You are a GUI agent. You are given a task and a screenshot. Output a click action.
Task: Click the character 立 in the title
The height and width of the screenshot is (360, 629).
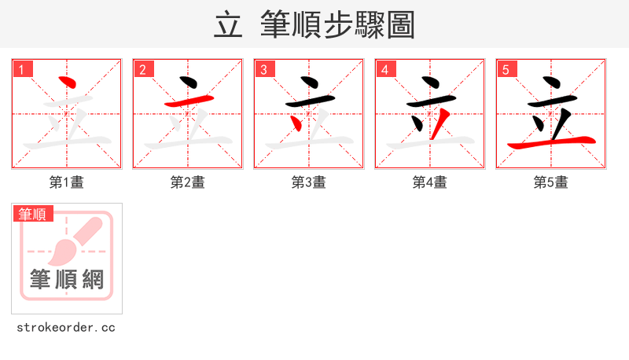(228, 25)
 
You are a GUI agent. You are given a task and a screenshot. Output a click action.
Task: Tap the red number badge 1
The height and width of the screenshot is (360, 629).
(24, 70)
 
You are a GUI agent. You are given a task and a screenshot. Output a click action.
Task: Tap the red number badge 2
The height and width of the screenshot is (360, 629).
(145, 70)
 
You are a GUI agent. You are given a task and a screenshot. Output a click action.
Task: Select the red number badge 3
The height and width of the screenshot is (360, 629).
(266, 70)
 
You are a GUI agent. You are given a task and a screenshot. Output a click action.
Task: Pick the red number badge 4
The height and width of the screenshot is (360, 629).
(387, 70)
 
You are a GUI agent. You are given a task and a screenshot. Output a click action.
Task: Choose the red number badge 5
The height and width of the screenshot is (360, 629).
(508, 70)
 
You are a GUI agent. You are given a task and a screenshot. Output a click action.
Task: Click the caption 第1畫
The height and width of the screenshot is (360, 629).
(67, 182)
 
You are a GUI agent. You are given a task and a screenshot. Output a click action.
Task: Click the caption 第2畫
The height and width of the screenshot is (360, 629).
(188, 182)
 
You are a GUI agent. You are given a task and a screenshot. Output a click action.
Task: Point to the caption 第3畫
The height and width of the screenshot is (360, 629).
(309, 182)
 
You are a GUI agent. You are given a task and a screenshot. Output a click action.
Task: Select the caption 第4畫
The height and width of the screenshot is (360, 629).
(430, 182)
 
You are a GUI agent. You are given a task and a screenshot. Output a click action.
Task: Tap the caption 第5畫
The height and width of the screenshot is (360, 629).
(551, 182)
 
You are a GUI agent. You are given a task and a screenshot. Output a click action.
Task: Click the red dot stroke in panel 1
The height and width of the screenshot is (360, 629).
(68, 83)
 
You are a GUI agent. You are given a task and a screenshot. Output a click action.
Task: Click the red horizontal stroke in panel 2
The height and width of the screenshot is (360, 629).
(188, 101)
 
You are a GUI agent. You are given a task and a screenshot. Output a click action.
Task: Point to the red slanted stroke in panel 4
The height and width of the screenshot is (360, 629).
(442, 122)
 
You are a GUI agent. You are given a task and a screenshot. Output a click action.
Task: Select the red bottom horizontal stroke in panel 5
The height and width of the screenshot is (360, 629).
(550, 143)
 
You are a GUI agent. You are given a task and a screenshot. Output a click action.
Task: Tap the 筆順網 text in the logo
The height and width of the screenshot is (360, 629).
(67, 279)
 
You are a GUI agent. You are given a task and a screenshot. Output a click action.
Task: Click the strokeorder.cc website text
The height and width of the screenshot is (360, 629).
(66, 327)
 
